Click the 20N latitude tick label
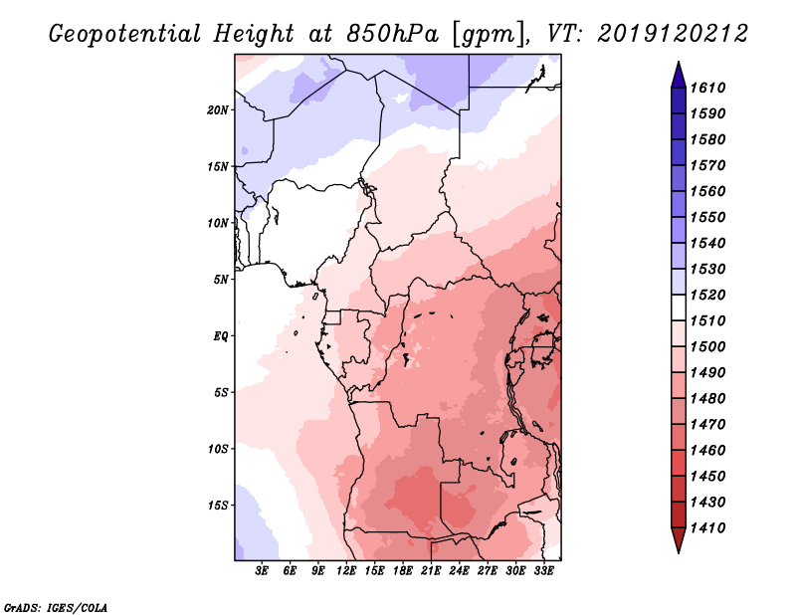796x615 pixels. (x=218, y=109)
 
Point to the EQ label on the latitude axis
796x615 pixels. (x=221, y=336)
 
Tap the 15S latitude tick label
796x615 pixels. (x=218, y=506)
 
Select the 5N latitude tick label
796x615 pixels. (x=221, y=280)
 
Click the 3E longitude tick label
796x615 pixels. (x=263, y=571)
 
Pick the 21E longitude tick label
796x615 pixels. (x=431, y=571)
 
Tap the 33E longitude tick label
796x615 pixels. (x=543, y=571)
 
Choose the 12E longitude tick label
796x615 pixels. (x=346, y=571)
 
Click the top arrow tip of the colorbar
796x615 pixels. (x=678, y=65)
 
